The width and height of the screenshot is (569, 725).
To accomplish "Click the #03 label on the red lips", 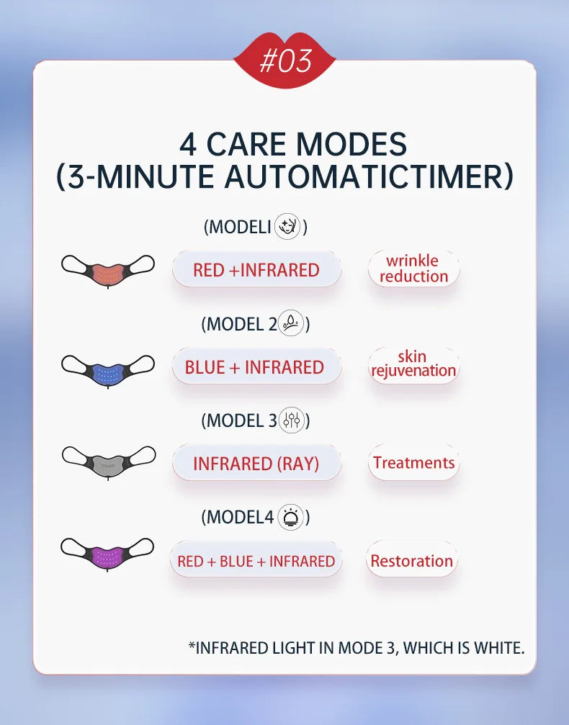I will coord(284,61).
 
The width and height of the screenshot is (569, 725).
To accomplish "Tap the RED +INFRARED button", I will coord(256,270).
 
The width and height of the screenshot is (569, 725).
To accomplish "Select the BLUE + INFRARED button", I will coord(254,367).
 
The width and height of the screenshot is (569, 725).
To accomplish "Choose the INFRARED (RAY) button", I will coord(256,464).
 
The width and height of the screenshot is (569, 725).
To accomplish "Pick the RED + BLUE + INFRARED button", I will coord(256,561).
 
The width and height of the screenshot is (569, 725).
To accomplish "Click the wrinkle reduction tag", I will coord(413,269).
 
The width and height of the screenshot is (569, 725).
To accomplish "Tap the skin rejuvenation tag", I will coord(413,364).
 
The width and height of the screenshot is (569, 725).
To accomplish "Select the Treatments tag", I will coord(413,463).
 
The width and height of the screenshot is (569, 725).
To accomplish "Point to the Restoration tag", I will coord(412,561).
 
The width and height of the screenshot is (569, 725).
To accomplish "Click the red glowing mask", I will coord(108,271).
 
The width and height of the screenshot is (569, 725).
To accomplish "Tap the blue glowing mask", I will coord(108,370).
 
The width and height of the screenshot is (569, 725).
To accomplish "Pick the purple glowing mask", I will coord(108,554).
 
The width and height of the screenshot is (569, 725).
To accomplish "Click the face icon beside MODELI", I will coord(288,227).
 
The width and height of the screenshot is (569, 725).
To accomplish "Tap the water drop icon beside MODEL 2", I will coord(291,324).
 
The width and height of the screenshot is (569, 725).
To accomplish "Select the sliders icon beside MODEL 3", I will coord(292,420).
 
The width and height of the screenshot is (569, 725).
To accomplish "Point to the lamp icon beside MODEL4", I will coord(290,517).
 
